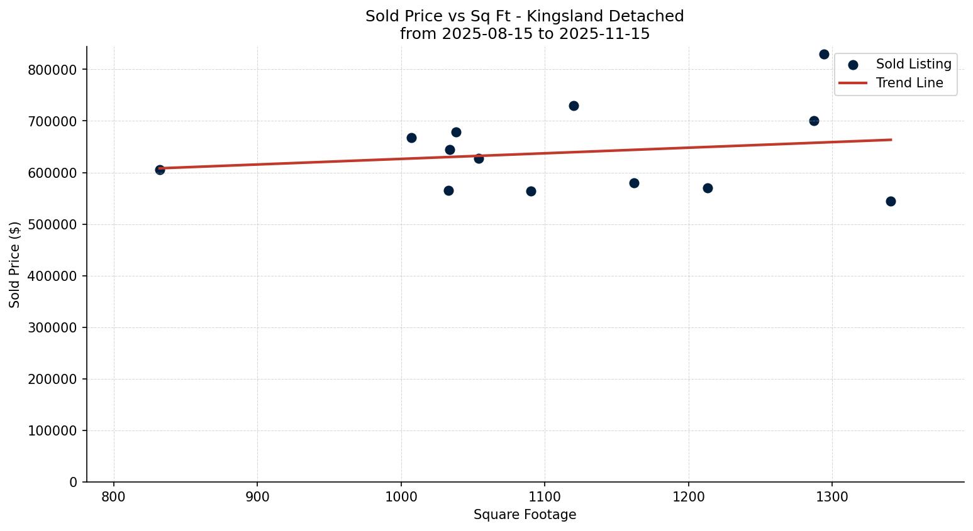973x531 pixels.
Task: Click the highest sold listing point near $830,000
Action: (x=824, y=54)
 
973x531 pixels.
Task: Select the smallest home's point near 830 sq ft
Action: (x=160, y=170)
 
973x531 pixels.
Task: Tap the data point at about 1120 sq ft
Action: (x=574, y=106)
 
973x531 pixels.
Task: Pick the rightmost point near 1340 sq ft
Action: (x=891, y=201)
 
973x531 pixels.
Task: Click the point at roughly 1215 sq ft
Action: (x=708, y=188)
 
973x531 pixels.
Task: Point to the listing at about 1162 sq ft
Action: (x=634, y=183)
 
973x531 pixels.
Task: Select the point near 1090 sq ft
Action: (x=531, y=191)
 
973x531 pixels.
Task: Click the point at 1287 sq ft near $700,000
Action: (x=814, y=121)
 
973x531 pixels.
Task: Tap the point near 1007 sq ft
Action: (x=411, y=138)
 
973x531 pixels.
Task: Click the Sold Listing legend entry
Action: (x=913, y=64)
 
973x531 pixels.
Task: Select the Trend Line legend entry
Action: (x=909, y=83)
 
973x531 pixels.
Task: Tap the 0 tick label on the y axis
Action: (x=74, y=482)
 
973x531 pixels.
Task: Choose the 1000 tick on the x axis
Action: (x=401, y=497)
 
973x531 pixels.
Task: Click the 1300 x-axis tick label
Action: (x=832, y=497)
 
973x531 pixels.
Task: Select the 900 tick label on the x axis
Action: (x=257, y=497)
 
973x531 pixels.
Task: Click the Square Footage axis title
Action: (x=525, y=515)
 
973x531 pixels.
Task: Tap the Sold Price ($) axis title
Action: (x=14, y=265)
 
